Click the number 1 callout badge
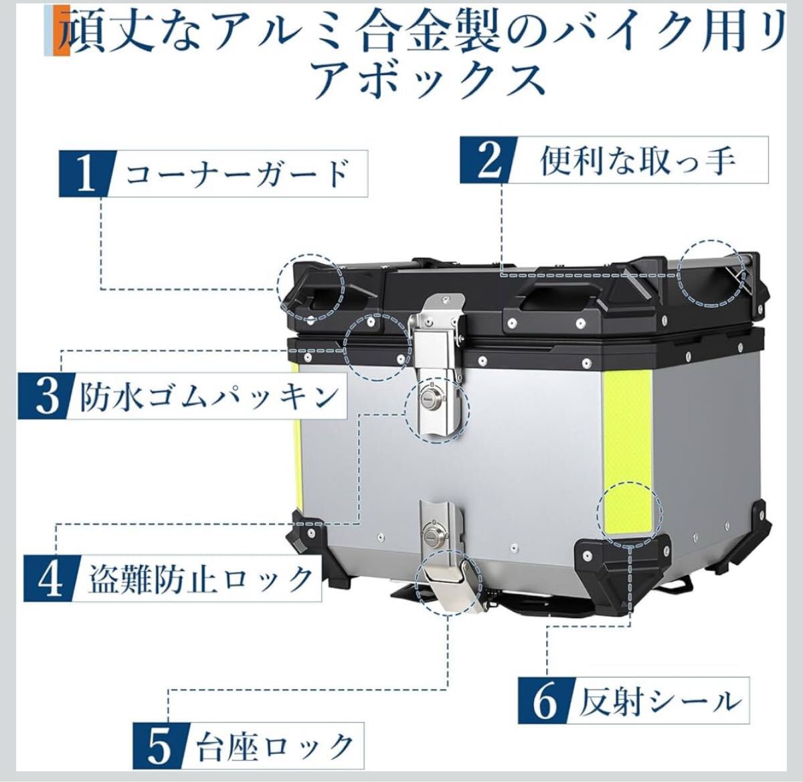pyautogui.click(x=86, y=173)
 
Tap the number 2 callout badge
pyautogui.click(x=488, y=159)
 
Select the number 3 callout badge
pyautogui.click(x=46, y=396)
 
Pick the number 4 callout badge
pyautogui.click(x=51, y=578)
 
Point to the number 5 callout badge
pyautogui.click(x=161, y=746)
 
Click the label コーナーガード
pyautogui.click(x=238, y=174)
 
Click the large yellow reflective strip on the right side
pyautogui.click(x=626, y=453)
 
